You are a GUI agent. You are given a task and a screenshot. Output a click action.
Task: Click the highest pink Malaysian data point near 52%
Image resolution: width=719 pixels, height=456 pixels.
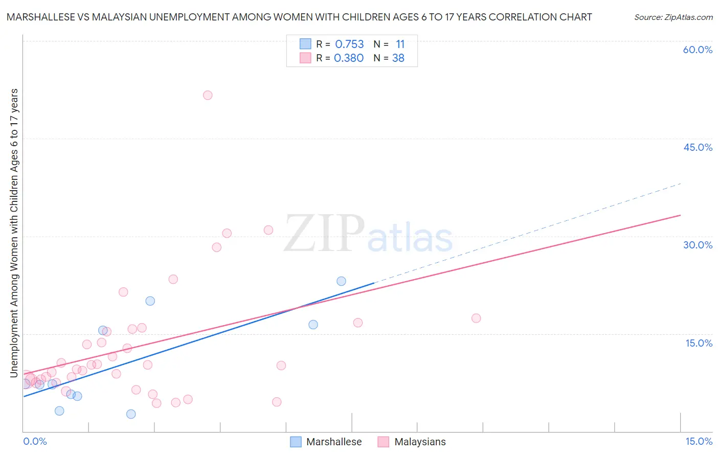208,95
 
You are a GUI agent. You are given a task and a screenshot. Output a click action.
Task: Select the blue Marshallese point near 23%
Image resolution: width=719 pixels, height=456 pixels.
341,281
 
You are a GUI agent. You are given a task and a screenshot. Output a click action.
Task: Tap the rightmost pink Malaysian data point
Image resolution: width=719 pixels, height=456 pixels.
476,318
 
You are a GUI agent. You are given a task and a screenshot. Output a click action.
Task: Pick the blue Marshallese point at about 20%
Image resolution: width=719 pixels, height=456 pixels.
150,301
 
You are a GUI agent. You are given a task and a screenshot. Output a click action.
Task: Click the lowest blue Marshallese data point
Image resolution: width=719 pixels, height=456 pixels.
131,414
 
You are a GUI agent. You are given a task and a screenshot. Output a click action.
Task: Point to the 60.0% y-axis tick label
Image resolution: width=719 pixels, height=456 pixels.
698,50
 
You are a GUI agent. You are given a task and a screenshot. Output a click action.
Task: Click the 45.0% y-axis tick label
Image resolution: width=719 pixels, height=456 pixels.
698,147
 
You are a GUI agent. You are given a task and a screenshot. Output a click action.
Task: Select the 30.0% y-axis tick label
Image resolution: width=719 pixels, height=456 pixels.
698,245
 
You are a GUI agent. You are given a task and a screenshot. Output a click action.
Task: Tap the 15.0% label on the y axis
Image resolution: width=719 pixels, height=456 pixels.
699,343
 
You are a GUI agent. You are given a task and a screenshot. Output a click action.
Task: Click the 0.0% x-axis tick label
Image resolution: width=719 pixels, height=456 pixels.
35,442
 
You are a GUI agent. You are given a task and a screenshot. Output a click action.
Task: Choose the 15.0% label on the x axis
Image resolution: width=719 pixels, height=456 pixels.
699,442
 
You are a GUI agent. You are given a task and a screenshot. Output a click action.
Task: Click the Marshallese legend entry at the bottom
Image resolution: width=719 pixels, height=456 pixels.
333,442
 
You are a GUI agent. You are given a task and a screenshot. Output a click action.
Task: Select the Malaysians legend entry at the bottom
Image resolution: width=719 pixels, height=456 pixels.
420,442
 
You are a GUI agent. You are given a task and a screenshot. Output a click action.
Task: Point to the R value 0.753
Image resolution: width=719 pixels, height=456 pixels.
349,44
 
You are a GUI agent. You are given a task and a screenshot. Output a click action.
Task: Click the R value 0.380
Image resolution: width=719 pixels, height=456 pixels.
349,58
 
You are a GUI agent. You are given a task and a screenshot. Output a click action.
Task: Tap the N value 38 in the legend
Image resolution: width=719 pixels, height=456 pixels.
398,58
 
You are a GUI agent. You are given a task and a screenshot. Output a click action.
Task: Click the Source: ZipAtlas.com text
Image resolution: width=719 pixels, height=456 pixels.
673,17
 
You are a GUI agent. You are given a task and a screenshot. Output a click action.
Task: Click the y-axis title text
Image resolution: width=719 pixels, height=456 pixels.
14,233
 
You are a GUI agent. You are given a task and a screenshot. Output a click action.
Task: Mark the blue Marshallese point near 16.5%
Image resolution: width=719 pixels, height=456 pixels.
313,325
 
